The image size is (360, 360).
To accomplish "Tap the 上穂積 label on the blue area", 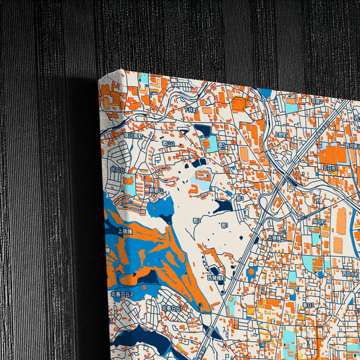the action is point(125,230).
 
